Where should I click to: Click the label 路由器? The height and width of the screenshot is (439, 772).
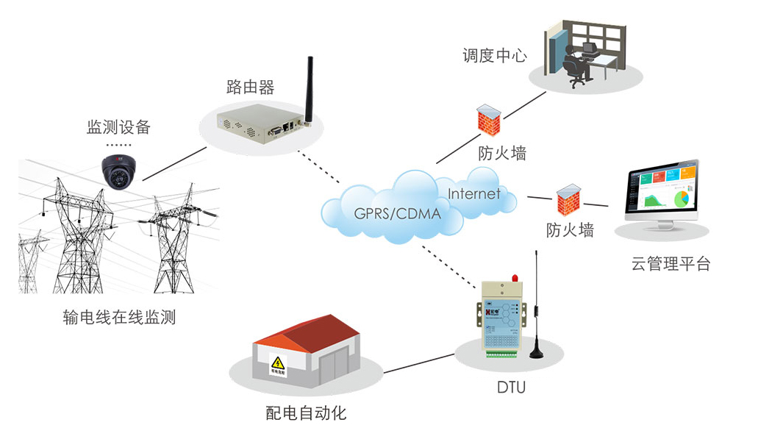point(250,88)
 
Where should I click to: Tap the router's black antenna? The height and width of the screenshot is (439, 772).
point(309,85)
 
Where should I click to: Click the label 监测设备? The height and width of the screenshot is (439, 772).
point(118,126)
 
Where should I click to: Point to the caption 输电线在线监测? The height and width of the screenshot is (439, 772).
point(120,318)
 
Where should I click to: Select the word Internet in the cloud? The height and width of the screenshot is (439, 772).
point(473,194)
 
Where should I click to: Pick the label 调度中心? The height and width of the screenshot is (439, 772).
point(494,55)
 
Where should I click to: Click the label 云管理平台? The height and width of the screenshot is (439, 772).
point(671,264)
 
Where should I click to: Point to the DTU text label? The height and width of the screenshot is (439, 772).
point(511,387)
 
